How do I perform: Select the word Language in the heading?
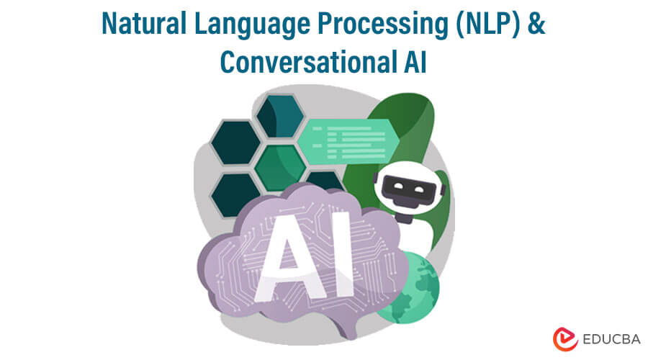[252, 24]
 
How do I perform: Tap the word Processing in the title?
[383, 24]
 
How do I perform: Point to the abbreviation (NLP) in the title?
[487, 24]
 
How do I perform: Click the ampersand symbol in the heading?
[536, 23]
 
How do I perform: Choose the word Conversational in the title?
[305, 62]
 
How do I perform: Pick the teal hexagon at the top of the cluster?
[281, 116]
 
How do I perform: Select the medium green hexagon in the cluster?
[280, 168]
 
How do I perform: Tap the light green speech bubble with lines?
[348, 142]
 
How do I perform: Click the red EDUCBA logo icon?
[565, 339]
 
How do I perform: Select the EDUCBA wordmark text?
[611, 339]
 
